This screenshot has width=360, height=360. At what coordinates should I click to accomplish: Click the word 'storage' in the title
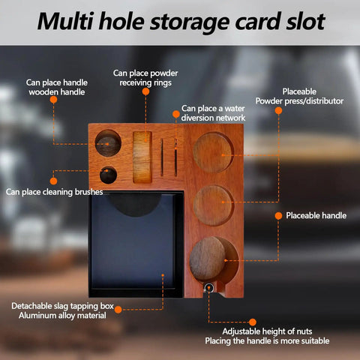pyautogui.click(x=190, y=22)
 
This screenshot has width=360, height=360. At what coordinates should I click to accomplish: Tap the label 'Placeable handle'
pyautogui.click(x=316, y=215)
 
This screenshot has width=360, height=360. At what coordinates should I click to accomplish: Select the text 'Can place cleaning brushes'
pyautogui.click(x=54, y=192)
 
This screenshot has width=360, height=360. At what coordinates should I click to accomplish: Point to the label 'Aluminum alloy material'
pyautogui.click(x=62, y=316)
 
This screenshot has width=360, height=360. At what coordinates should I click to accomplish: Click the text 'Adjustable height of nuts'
pyautogui.click(x=267, y=331)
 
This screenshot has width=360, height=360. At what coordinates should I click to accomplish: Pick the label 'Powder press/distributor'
pyautogui.click(x=299, y=101)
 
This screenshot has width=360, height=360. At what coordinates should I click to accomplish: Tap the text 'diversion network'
pyautogui.click(x=213, y=118)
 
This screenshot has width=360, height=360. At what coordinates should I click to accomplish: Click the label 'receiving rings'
pyautogui.click(x=145, y=82)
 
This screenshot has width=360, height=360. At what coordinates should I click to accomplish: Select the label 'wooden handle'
pyautogui.click(x=57, y=92)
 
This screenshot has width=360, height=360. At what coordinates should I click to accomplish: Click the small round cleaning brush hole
pyautogui.click(x=108, y=175)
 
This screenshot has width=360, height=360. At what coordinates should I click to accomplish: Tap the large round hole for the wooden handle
pyautogui.click(x=108, y=143)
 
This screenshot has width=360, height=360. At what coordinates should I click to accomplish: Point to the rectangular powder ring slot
pyautogui.click(x=142, y=157)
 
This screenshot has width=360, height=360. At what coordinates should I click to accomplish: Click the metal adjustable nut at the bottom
pyautogui.click(x=208, y=288)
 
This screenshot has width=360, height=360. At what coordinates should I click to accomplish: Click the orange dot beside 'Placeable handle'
pyautogui.click(x=278, y=216)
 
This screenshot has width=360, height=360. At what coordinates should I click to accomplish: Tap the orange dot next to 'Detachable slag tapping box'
pyautogui.click(x=118, y=310)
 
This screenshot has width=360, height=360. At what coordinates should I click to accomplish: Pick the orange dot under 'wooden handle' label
pyautogui.click(x=53, y=100)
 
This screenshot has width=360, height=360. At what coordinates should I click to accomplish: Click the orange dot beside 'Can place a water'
pyautogui.click(x=176, y=114)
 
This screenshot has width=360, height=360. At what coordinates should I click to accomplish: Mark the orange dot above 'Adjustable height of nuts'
pyautogui.click(x=253, y=322)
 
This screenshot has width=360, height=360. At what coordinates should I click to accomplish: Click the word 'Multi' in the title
pyautogui.click(x=65, y=21)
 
